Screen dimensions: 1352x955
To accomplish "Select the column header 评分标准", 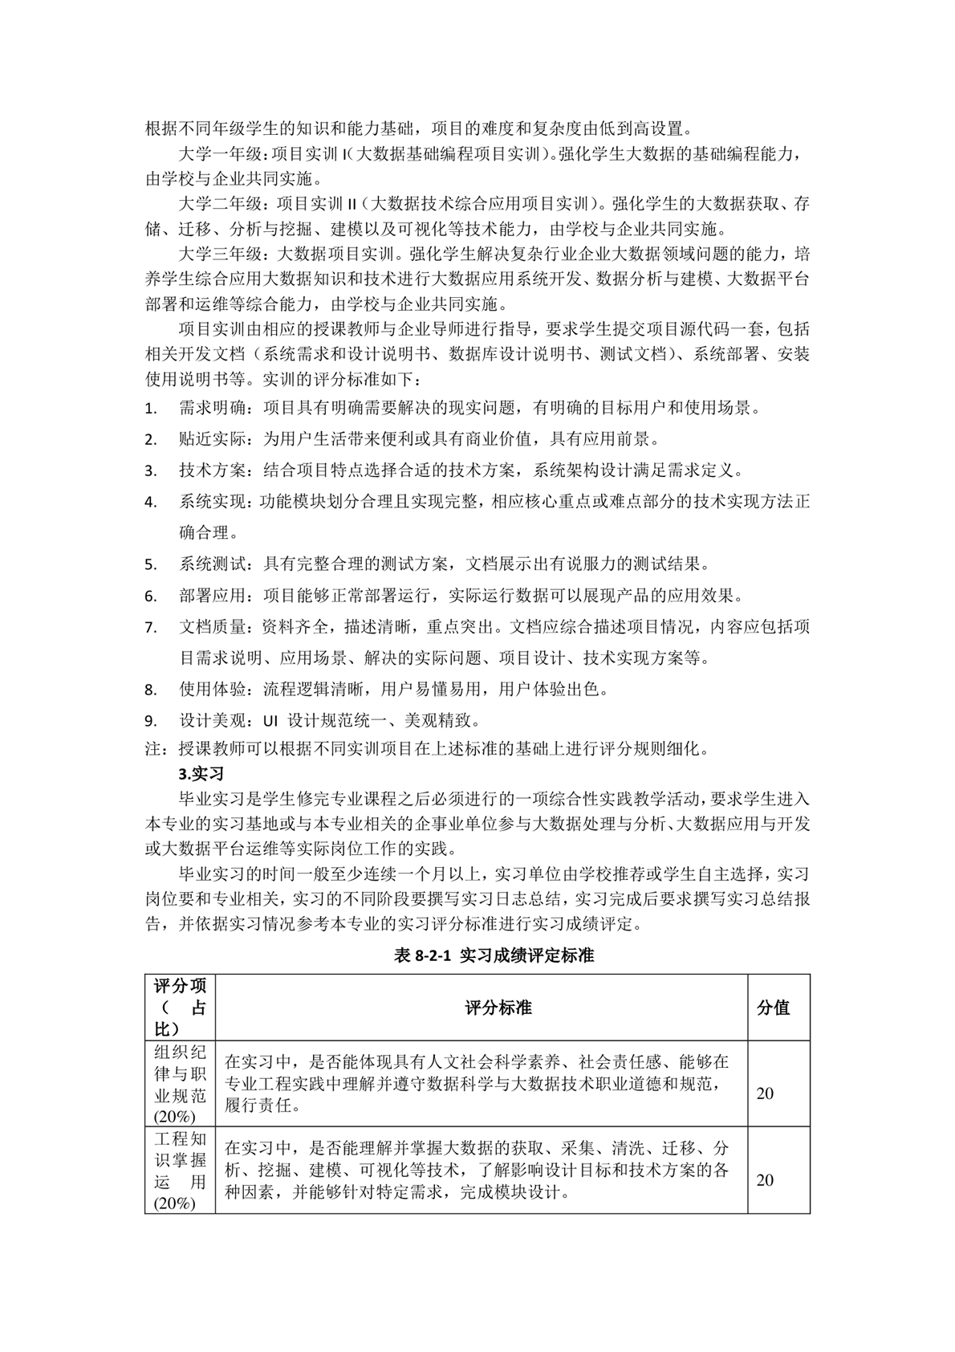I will coord(498,1008).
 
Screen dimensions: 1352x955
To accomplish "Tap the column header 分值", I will coord(773,1008).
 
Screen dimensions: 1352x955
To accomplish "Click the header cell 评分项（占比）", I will coord(180,1008).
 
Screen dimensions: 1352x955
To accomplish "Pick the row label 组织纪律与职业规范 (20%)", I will coord(180,1084).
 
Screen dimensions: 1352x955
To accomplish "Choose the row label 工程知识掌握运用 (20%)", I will coord(180,1171).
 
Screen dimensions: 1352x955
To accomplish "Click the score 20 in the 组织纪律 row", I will coord(766,1093).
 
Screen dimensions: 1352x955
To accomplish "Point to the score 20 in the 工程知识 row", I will coord(766,1180).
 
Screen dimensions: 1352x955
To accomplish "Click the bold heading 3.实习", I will coord(201,775).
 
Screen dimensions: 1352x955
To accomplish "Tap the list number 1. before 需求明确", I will coord(151,409).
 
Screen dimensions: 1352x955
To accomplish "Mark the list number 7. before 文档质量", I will coord(151,628).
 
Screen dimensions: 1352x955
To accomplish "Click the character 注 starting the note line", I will coord(152,750).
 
